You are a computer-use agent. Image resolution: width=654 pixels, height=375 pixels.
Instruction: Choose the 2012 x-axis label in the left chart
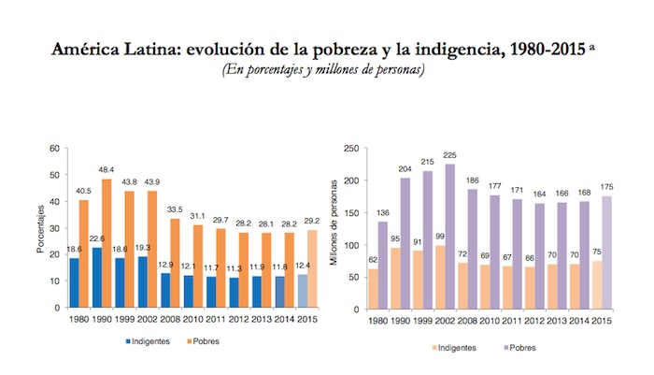coord(239,320)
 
